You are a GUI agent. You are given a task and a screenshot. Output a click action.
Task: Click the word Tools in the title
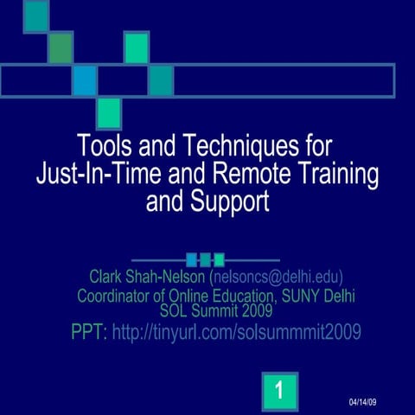click(101, 143)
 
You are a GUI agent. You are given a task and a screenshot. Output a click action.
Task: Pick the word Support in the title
click(232, 202)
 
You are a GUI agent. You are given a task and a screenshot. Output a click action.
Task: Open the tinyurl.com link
click(236, 332)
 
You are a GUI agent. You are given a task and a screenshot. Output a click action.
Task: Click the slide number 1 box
click(278, 392)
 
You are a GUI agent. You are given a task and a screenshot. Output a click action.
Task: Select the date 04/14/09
click(363, 404)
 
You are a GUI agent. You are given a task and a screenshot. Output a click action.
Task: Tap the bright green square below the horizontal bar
click(109, 112)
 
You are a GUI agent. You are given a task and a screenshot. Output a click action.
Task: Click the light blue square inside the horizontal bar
click(85, 80)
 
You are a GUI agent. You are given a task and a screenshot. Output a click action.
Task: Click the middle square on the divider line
click(205, 259)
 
